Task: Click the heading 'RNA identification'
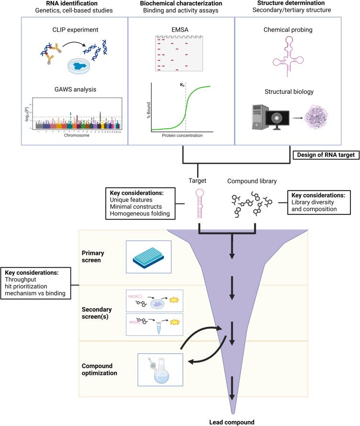pyautogui.click(x=72, y=4)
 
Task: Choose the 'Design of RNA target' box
pyautogui.click(x=326, y=155)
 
